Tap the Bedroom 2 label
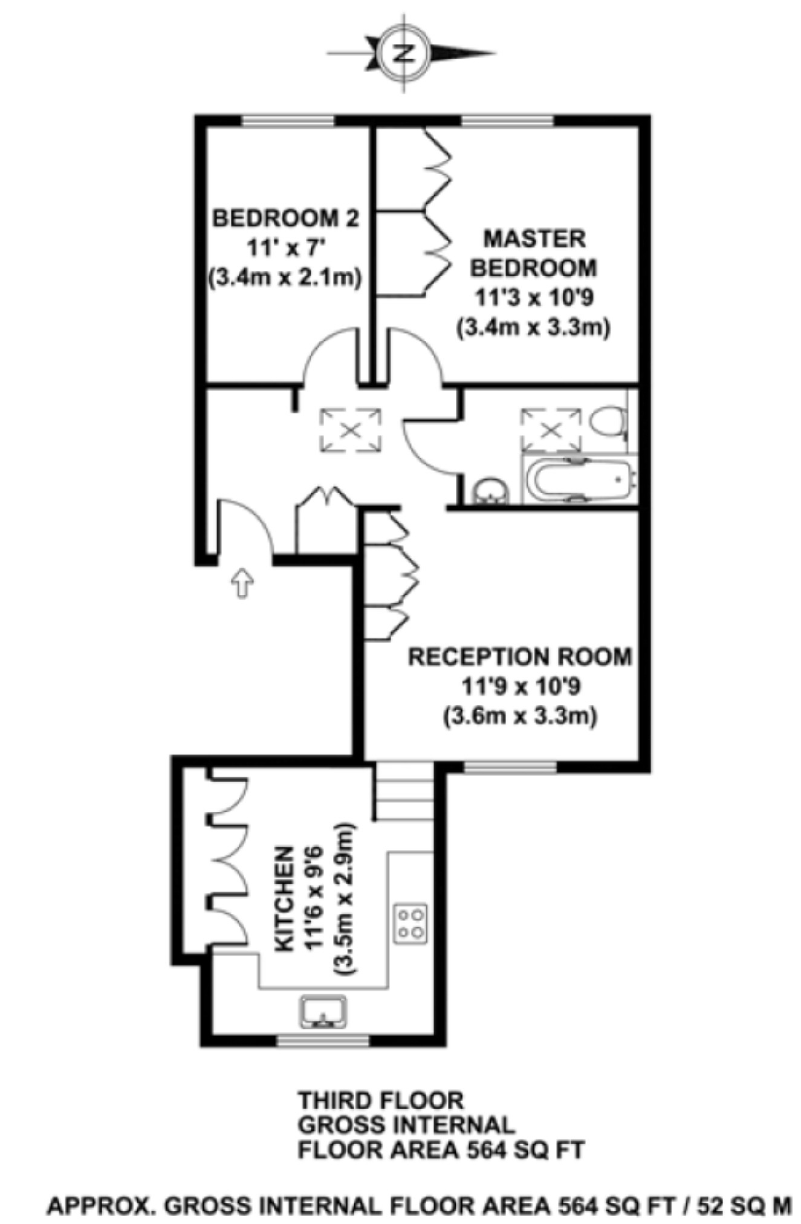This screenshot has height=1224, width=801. click(285, 218)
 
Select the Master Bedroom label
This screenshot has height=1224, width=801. click(534, 253)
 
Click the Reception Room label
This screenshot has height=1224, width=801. click(520, 657)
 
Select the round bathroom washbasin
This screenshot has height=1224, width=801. click(490, 491)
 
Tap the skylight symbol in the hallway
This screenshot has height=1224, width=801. click(351, 430)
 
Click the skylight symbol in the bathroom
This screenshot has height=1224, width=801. click(551, 430)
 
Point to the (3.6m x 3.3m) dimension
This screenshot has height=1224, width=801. click(520, 716)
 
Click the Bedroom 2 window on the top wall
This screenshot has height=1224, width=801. click(288, 120)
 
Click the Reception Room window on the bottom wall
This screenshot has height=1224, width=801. click(509, 766)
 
